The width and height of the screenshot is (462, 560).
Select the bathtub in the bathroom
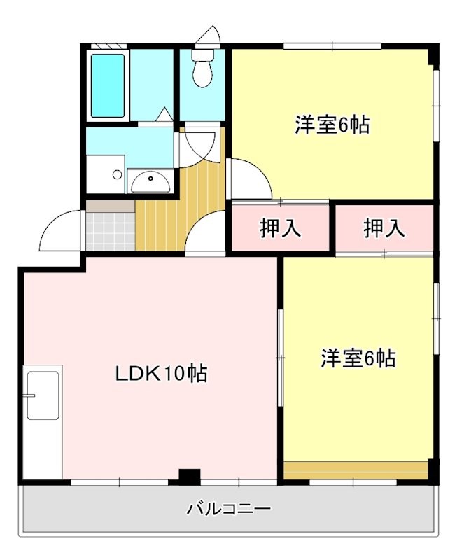pyautogui.click(x=108, y=85)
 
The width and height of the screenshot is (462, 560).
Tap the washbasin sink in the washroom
pyautogui.click(x=148, y=182)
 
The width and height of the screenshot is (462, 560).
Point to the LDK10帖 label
pyautogui.click(x=161, y=374)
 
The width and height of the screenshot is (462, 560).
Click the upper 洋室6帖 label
pyautogui.click(x=332, y=125)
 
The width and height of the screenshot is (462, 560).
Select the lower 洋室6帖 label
pyautogui.click(x=358, y=358)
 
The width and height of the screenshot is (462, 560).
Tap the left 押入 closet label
pyautogui.click(x=280, y=228)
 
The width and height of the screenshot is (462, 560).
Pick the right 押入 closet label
pyautogui.click(x=384, y=228)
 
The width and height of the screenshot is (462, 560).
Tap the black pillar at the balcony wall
pyautogui.click(x=188, y=477)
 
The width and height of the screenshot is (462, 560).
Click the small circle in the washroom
pyautogui.click(x=118, y=175)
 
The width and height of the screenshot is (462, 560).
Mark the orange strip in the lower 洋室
pyautogui.click(x=355, y=468)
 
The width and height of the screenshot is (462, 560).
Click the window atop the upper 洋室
pyautogui.click(x=333, y=46)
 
